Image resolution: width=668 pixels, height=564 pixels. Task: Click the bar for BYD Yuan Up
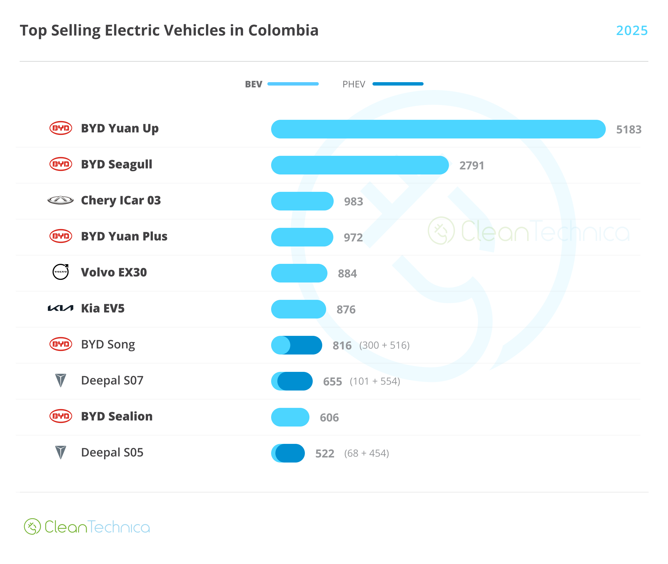438,129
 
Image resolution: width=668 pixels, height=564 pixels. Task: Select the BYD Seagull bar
360,165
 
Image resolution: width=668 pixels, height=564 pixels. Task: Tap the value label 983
353,202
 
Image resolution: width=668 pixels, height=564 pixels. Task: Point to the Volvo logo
61,272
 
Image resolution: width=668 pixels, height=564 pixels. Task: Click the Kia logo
61,308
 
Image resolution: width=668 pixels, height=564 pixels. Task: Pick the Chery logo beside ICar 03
61,200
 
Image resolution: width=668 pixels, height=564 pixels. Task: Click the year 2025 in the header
632,30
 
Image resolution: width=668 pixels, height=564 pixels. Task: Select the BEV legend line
293,84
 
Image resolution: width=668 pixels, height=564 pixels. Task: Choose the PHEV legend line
398,84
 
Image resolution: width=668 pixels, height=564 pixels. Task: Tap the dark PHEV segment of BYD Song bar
306,345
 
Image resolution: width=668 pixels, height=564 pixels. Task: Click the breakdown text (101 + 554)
375,381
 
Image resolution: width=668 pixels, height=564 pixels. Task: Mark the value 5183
629,130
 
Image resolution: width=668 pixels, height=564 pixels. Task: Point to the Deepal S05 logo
61,452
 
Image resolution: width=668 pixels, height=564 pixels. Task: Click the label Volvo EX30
114,272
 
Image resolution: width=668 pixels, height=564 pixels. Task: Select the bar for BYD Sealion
290,417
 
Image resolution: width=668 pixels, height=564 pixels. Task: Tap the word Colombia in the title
283,30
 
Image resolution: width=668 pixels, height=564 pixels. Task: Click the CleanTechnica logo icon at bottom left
32,526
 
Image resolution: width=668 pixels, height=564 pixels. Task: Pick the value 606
329,418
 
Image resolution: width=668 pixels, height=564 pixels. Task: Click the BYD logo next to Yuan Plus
61,236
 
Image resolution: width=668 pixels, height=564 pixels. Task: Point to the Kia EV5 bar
298,309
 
